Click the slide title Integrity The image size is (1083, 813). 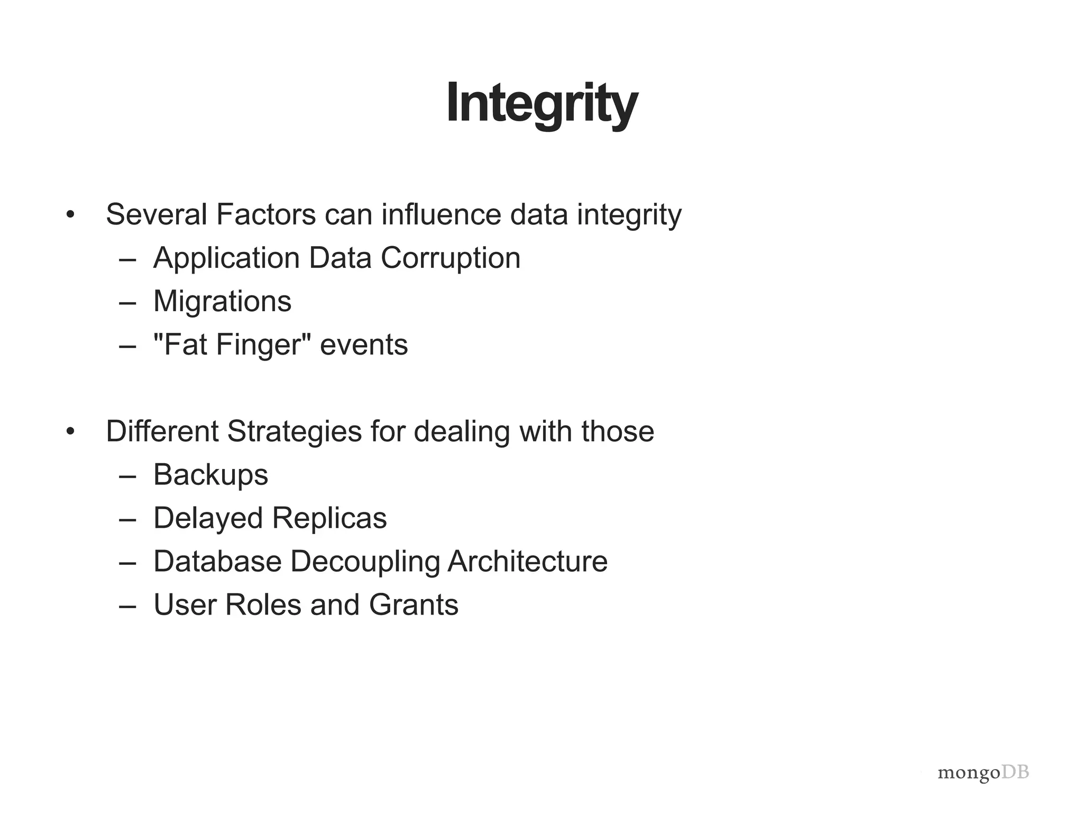541,103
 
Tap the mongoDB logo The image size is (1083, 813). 983,773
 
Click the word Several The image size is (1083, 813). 157,214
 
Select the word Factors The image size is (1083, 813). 266,214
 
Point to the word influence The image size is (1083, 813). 441,214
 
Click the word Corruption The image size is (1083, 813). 451,258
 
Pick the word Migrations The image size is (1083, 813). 222,301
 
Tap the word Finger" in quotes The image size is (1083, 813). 263,345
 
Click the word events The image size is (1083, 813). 364,345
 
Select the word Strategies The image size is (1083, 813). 295,431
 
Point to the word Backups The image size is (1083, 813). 210,474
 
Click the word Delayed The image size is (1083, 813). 208,518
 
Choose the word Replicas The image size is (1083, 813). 329,518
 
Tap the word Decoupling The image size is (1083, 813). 365,561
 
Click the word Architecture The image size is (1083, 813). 528,561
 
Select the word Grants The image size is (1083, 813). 414,604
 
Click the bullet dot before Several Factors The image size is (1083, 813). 70,215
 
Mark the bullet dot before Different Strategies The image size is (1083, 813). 70,431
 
